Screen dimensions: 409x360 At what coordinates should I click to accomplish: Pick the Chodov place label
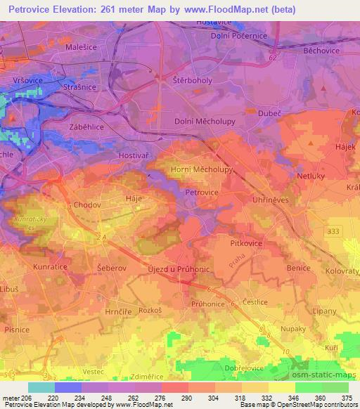coord(87,205)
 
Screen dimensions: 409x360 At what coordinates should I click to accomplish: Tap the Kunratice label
coord(50,268)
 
